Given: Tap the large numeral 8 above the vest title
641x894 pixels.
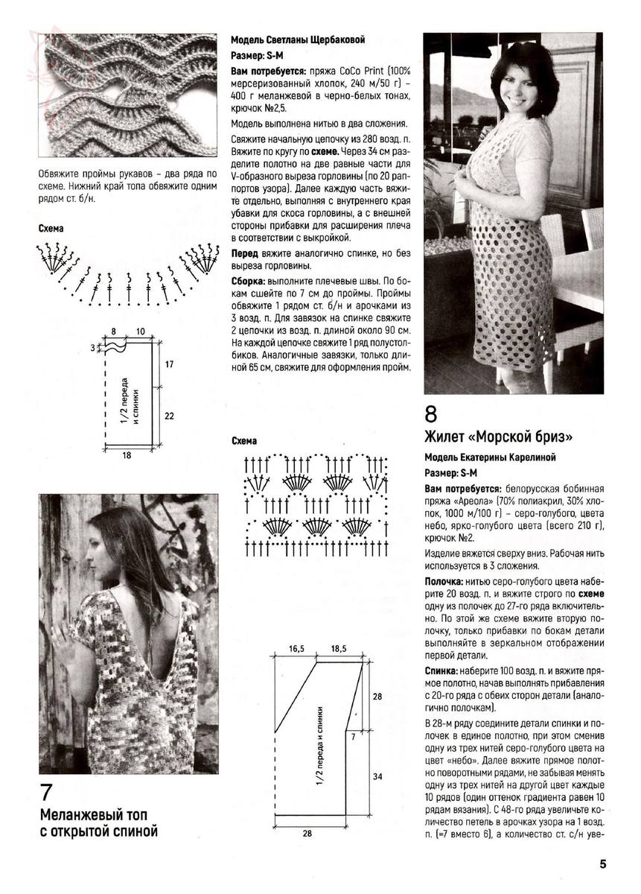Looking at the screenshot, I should coord(431,413).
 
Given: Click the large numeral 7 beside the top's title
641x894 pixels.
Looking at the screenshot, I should coord(47,791).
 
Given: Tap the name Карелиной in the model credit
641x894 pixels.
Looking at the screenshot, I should coord(531,457).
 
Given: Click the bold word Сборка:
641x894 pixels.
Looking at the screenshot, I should coord(252,283).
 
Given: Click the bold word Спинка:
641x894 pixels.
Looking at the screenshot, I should coord(447,670).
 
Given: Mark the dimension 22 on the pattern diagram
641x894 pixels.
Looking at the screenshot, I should coord(169,416).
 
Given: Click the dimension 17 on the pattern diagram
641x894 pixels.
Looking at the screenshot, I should coord(169,365).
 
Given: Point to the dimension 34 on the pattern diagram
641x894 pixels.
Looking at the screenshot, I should coord(378,776).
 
